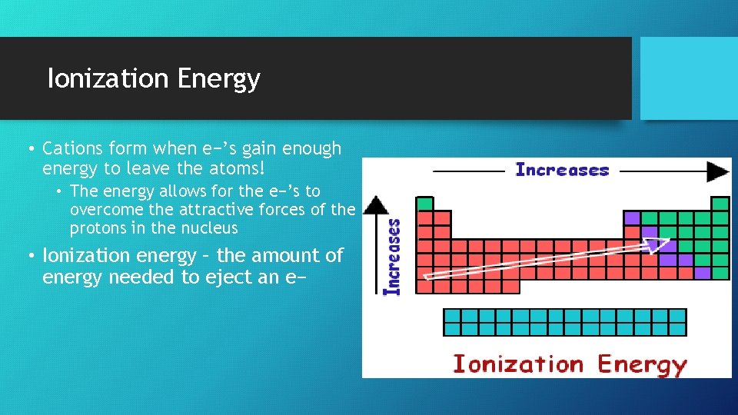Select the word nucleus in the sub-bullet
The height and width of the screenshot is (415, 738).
tap(210, 228)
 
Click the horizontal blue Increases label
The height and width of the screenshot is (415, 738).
tap(562, 170)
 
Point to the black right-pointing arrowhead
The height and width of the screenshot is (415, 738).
tap(719, 171)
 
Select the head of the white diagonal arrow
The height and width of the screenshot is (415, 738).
tap(658, 245)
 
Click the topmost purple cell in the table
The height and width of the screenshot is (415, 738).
tap(632, 218)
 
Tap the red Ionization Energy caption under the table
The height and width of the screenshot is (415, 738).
tap(569, 364)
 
